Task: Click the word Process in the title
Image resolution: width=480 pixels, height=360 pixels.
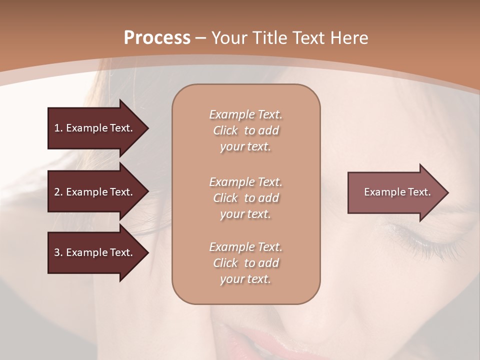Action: point(157,38)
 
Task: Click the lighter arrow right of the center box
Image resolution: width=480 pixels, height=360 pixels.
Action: point(395,192)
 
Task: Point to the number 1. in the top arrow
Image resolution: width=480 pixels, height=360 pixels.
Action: point(58,128)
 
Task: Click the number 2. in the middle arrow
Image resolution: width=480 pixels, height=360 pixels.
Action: point(58,192)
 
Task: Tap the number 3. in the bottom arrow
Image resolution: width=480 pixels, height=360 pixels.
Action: point(58,252)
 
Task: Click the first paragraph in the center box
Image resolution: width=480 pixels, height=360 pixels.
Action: point(245,130)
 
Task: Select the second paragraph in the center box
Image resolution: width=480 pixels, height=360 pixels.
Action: point(245,198)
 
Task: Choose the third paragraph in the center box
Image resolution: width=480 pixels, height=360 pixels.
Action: point(245,263)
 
